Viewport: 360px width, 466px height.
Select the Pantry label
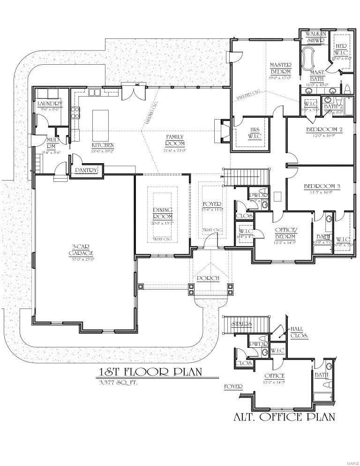(x=85, y=171)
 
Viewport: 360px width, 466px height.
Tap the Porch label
(x=209, y=278)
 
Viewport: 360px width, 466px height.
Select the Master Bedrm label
(x=280, y=68)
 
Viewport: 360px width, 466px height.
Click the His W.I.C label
(x=255, y=133)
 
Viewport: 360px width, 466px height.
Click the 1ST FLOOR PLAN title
(x=150, y=372)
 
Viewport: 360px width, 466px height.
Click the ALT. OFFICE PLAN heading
(x=285, y=417)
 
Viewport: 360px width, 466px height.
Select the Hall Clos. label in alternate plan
(x=299, y=332)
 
